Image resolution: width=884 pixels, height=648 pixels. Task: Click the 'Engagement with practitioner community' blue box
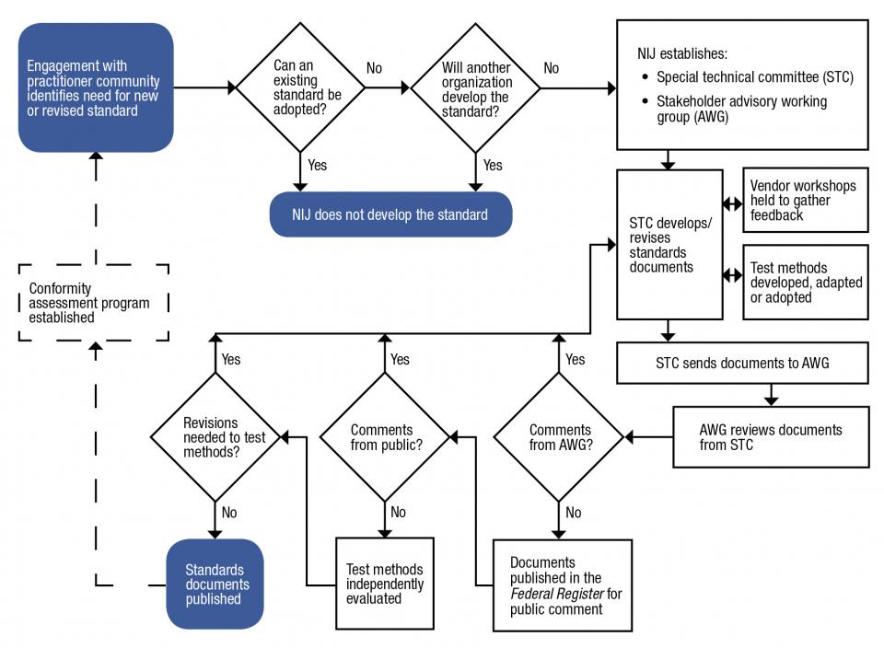point(96,87)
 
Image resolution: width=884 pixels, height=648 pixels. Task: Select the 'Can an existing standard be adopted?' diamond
point(301,87)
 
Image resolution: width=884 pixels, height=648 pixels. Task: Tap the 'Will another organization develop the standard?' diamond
point(475,87)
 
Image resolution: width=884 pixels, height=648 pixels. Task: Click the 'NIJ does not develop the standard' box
point(390,214)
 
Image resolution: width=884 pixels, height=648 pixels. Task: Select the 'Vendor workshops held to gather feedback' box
point(805,201)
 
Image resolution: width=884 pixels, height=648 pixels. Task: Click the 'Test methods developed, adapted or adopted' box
point(805,283)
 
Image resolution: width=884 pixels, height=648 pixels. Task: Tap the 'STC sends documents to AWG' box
point(742,363)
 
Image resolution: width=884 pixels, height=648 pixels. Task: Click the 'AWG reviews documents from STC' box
point(770,437)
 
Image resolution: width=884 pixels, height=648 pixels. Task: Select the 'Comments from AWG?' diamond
point(560,437)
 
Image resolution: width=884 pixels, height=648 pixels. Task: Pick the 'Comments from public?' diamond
point(386,437)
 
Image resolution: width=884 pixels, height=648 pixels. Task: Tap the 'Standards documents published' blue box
point(215,584)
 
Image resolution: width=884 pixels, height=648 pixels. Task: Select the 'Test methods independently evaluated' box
point(385,584)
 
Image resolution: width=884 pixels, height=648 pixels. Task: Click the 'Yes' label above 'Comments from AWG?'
point(575,359)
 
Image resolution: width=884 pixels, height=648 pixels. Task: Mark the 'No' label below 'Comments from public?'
point(398,513)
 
